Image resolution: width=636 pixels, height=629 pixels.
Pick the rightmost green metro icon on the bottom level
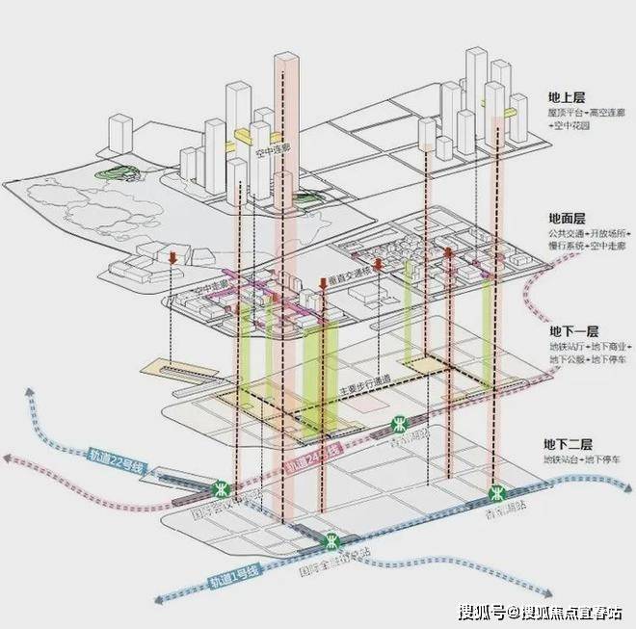[x=494, y=491]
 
